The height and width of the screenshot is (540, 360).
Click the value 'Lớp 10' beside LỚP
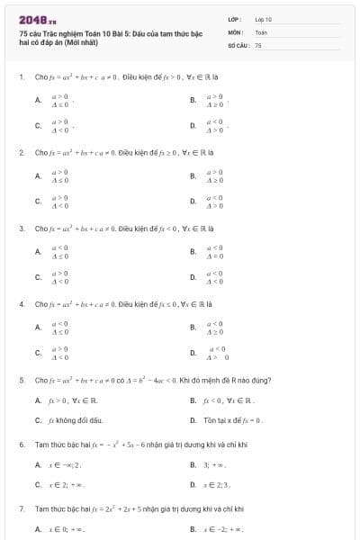click(264, 18)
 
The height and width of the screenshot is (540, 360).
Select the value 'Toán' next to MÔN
click(261, 31)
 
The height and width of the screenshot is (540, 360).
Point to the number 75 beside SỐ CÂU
click(258, 44)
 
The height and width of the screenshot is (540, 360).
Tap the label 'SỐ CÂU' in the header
click(237, 44)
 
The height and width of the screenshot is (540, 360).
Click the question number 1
click(21, 76)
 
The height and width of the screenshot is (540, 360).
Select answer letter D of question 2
click(193, 202)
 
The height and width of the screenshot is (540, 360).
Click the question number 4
click(21, 304)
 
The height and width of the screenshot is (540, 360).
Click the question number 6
click(21, 445)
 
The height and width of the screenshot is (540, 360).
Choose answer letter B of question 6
click(193, 464)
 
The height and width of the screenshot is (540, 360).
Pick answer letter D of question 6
click(193, 484)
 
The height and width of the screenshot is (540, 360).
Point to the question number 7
click(21, 509)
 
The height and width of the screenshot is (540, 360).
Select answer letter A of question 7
click(37, 529)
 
